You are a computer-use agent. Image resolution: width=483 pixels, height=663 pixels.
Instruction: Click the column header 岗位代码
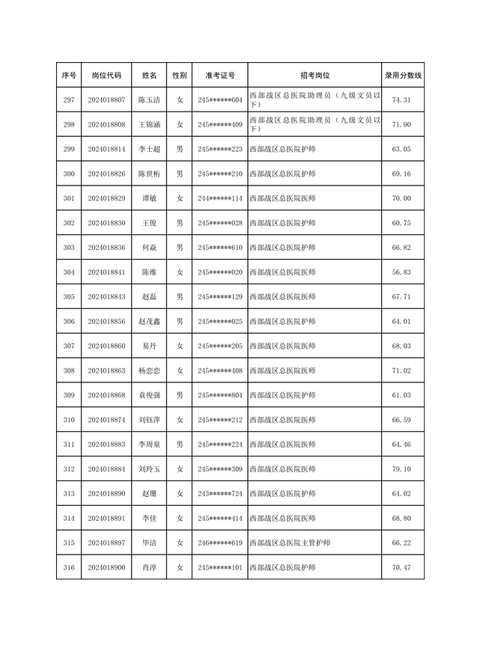coord(106,76)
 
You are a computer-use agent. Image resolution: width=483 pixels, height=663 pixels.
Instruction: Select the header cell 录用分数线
coord(403,76)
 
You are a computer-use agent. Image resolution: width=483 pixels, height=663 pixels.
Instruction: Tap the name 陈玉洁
coord(149,100)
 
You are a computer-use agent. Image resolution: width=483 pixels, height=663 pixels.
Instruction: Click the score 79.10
coord(402,469)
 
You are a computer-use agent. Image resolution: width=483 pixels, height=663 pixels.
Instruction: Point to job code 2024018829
coord(106,198)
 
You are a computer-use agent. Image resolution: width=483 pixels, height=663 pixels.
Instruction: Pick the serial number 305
coord(69,297)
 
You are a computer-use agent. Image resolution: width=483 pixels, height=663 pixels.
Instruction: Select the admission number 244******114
coord(220,198)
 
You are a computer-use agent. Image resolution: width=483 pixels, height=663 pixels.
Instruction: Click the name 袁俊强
coord(149,395)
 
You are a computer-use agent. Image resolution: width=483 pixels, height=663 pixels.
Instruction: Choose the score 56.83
coord(402,272)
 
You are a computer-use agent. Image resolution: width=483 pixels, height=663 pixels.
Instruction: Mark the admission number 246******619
coord(220,543)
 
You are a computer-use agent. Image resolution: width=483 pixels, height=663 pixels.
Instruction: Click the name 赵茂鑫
coord(149,322)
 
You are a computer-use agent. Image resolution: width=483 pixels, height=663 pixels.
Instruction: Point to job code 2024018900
coord(106,568)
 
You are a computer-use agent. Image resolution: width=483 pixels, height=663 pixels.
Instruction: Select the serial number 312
coord(69,469)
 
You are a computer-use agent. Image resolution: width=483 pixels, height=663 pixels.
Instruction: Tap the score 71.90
coord(402,124)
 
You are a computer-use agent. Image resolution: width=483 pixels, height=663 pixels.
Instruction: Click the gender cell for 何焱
coord(180,248)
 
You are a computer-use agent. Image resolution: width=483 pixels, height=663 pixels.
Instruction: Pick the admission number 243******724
coord(220,494)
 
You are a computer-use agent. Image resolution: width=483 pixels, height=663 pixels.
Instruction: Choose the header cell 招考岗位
coord(315,76)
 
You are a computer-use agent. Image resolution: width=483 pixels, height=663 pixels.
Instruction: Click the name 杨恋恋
coord(149,370)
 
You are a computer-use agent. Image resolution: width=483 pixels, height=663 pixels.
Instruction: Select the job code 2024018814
coord(106,149)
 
